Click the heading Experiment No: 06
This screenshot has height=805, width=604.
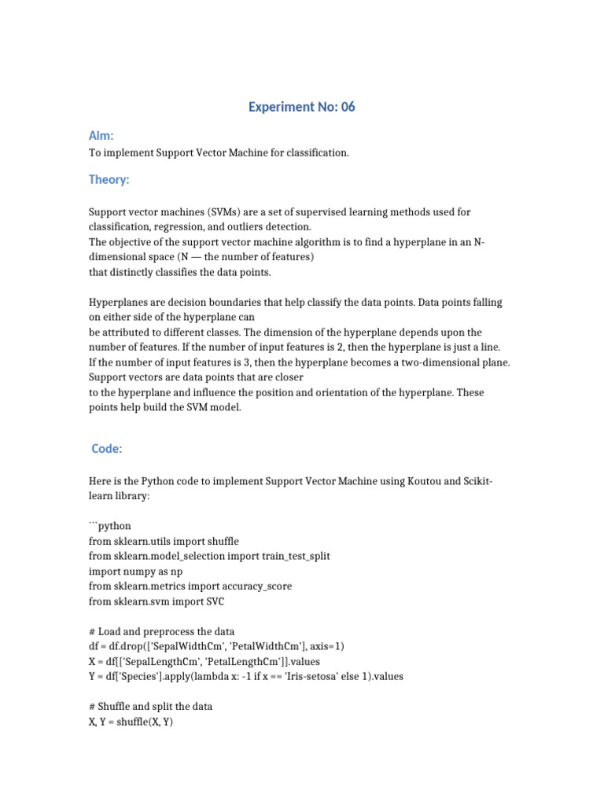301,107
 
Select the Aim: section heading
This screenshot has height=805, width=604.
101,136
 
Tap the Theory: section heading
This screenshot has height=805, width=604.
109,180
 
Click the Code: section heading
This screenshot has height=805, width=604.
107,448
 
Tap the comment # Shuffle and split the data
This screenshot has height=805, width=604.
150,706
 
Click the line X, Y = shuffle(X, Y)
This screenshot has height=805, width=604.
131,721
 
